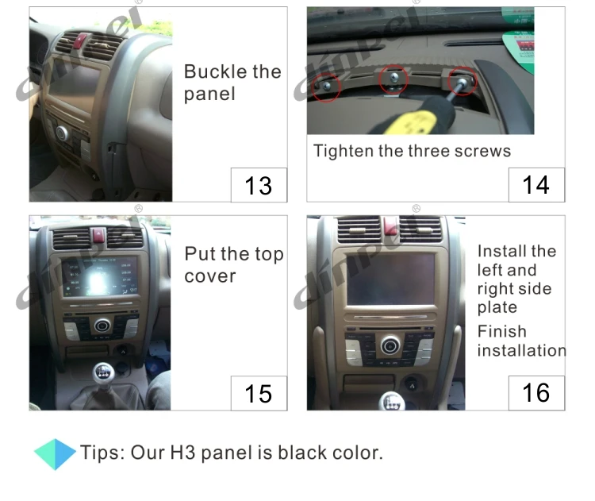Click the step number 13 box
259,185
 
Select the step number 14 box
536,185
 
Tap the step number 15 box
259,393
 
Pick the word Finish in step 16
501,331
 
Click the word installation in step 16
521,350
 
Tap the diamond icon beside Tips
55,453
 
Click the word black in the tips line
289,453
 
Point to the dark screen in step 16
390,279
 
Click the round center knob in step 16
389,345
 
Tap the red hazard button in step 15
99,235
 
